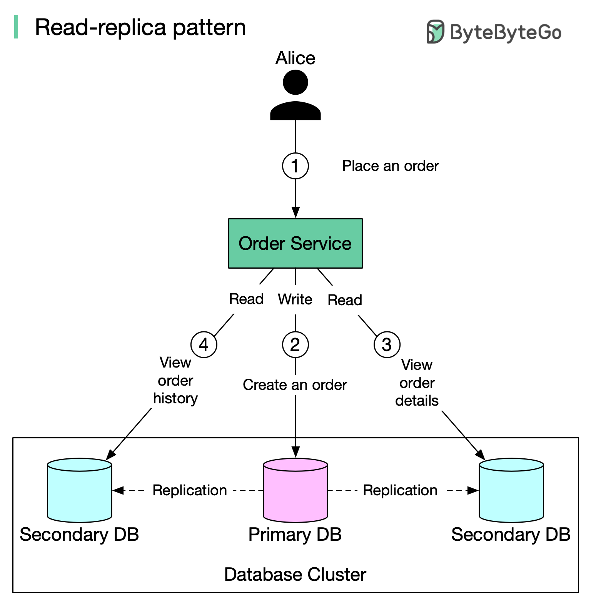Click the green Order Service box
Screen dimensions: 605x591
[295, 243]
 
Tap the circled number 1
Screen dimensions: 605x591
[295, 166]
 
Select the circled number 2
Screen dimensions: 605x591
[295, 344]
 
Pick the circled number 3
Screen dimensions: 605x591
[387, 344]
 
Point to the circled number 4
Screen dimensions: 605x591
[204, 344]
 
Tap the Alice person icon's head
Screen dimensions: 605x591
[295, 82]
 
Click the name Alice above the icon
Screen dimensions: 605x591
[295, 58]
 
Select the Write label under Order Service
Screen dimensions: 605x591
[295, 299]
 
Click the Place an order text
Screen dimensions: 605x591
[390, 166]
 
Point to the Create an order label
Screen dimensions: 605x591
[295, 385]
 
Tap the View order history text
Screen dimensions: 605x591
[175, 380]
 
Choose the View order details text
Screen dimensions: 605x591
[417, 383]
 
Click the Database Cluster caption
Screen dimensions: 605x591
[295, 574]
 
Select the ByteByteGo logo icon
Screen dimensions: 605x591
[436, 32]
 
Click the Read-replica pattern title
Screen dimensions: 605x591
[140, 27]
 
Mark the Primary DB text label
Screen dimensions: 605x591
[295, 535]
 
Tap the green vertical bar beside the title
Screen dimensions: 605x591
[16, 27]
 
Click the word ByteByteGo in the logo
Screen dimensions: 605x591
[505, 32]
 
